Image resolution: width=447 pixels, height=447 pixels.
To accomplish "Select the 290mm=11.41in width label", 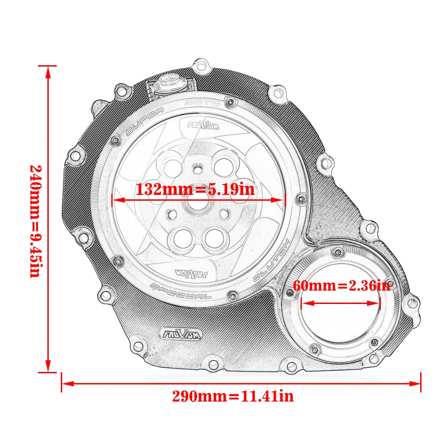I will [x=233, y=396].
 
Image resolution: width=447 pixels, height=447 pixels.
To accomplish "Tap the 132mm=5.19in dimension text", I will [x=195, y=189].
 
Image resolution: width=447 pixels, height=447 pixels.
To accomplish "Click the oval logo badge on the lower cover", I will [x=180, y=333].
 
